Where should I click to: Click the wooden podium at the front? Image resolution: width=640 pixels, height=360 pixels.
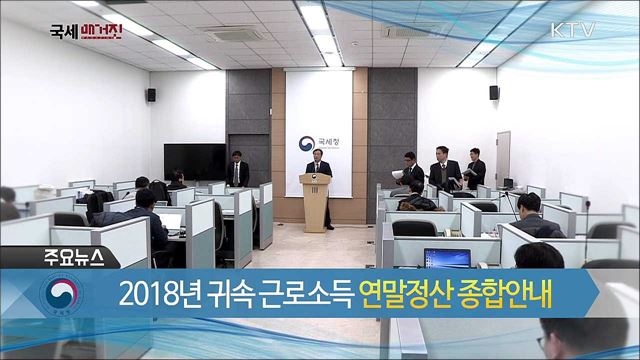315,201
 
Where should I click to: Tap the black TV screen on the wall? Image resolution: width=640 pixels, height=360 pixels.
194,161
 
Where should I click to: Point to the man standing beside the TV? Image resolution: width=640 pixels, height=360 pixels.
239,170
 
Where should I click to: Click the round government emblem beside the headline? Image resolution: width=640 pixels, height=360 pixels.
61,295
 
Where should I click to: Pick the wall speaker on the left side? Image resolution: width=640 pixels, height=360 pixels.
151,95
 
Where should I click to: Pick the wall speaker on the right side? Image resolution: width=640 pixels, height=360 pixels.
494,93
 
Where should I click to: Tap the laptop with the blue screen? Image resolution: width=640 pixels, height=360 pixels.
447,258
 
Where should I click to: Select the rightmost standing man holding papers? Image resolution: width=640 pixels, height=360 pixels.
476,170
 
